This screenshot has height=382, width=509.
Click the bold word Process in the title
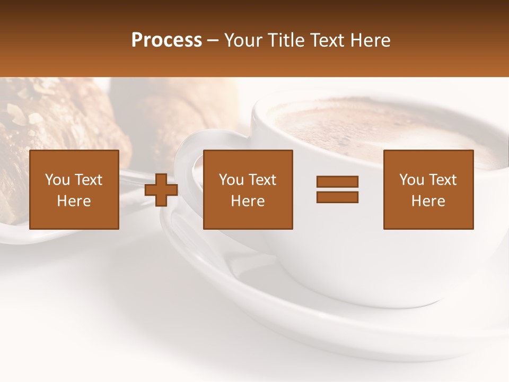point(166,40)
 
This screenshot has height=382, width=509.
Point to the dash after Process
point(213,41)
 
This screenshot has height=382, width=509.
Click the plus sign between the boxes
point(161,189)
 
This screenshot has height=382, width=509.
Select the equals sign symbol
point(337,189)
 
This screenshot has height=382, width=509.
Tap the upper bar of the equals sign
point(337,181)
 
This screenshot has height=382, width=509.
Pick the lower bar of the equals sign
point(337,197)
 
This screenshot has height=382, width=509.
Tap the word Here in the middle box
point(248,201)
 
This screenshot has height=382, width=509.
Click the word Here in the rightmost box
point(428,201)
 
